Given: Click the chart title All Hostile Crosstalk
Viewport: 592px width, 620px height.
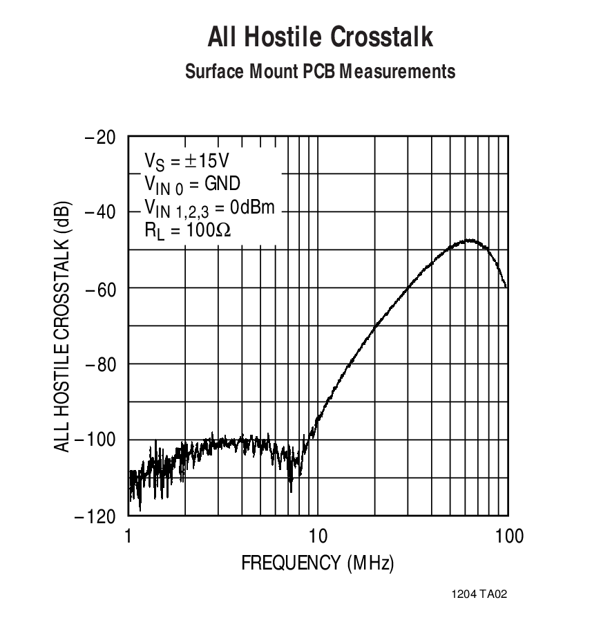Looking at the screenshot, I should click(321, 37).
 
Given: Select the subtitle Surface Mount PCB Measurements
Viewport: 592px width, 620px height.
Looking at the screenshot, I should click(321, 71).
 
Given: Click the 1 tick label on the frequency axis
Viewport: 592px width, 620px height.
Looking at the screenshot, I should click(128, 536).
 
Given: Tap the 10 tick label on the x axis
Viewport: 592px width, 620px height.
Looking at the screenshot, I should click(317, 536).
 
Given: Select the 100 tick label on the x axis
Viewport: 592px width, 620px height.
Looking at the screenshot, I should click(509, 536).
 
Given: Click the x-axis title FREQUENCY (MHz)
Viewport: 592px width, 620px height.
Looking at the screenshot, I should click(317, 563).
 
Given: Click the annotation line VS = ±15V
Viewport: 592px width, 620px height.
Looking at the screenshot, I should click(187, 161).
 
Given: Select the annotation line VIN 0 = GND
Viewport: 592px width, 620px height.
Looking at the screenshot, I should click(192, 183).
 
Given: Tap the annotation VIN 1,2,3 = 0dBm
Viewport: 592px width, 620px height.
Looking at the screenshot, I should click(209, 207).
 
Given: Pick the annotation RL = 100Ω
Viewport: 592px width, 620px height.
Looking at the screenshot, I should click(188, 230).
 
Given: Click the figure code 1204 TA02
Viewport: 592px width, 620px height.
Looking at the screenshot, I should click(480, 594).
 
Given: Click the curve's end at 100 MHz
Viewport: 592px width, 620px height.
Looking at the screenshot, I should click(507, 287).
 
